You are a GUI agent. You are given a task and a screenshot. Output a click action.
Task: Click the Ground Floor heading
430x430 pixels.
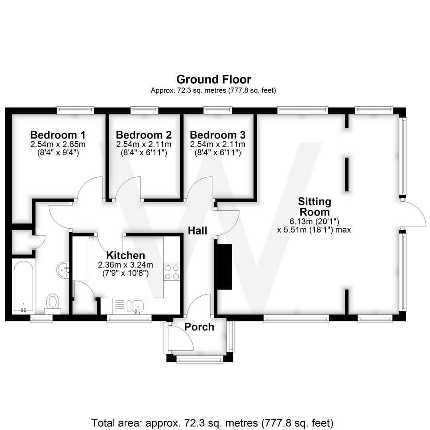pyautogui.click(x=214, y=79)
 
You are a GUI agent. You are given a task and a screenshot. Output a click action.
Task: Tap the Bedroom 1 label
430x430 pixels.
pyautogui.click(x=58, y=135)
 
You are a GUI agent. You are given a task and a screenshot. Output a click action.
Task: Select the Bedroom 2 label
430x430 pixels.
pyautogui.click(x=144, y=135)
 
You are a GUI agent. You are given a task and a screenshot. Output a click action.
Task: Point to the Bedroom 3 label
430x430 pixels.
pyautogui.click(x=217, y=135)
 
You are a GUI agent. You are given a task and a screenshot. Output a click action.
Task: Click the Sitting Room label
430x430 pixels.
pyautogui.click(x=315, y=206)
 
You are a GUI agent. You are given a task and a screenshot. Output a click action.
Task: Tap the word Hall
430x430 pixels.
pyautogui.click(x=197, y=231)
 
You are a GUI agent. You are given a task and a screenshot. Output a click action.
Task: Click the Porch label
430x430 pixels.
pyautogui.click(x=199, y=327)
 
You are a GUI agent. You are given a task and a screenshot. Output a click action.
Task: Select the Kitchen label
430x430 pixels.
pyautogui.click(x=125, y=255)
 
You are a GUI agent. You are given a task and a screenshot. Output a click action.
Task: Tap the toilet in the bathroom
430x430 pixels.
pyautogui.click(x=53, y=301)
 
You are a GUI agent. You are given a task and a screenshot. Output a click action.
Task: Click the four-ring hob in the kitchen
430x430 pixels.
pyautogui.click(x=172, y=272)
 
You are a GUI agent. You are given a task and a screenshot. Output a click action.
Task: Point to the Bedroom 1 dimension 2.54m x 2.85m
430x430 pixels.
pyautogui.click(x=58, y=144)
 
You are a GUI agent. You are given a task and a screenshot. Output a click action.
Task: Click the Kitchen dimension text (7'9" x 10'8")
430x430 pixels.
pyautogui.click(x=125, y=273)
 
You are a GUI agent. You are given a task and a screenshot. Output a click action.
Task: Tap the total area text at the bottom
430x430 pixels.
pyautogui.click(x=212, y=422)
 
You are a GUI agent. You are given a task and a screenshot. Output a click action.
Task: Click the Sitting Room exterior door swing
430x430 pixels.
pyautogui.click(x=414, y=215)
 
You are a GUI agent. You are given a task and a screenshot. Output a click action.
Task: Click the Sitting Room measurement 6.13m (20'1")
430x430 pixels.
pyautogui.click(x=314, y=221)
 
